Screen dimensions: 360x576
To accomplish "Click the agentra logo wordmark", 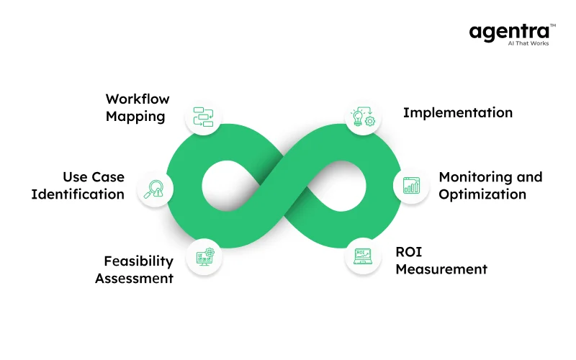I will (511, 32).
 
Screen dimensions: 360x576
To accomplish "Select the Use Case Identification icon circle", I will (154, 188).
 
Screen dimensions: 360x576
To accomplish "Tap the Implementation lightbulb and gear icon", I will (362, 117).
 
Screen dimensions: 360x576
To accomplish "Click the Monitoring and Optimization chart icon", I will (411, 186).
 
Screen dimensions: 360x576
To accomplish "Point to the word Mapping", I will (135, 116).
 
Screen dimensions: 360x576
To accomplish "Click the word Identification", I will (78, 194).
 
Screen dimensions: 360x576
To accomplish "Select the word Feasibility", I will (138, 261).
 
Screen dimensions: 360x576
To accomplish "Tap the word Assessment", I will (134, 278).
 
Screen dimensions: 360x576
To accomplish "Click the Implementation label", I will (457, 113).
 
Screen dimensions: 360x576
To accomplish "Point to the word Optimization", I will (482, 194).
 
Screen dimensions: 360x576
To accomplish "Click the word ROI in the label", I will (408, 252).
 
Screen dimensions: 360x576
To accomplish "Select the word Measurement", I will (441, 269).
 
